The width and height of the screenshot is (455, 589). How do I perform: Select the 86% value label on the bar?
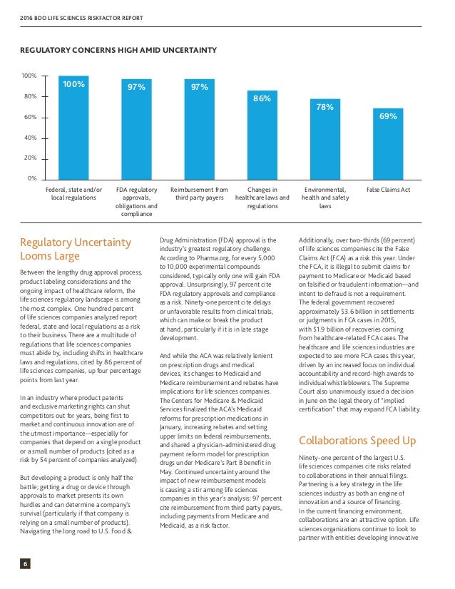(x=262, y=99)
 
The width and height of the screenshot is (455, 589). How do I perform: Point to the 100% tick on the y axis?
(x=29, y=75)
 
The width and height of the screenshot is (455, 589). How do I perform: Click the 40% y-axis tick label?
(x=31, y=138)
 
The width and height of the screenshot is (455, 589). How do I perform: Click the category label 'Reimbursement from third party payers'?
(x=199, y=194)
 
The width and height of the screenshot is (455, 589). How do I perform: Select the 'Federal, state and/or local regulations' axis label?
(x=73, y=194)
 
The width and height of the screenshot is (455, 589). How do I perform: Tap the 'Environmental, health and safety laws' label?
(x=324, y=198)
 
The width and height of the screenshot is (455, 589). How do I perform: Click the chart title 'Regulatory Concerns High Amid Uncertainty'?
(x=118, y=50)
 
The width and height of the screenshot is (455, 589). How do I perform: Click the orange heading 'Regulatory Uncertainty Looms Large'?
(x=75, y=249)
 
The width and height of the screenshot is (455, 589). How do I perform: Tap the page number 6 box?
(x=25, y=564)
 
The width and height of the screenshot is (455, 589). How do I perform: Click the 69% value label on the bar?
(x=388, y=116)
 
